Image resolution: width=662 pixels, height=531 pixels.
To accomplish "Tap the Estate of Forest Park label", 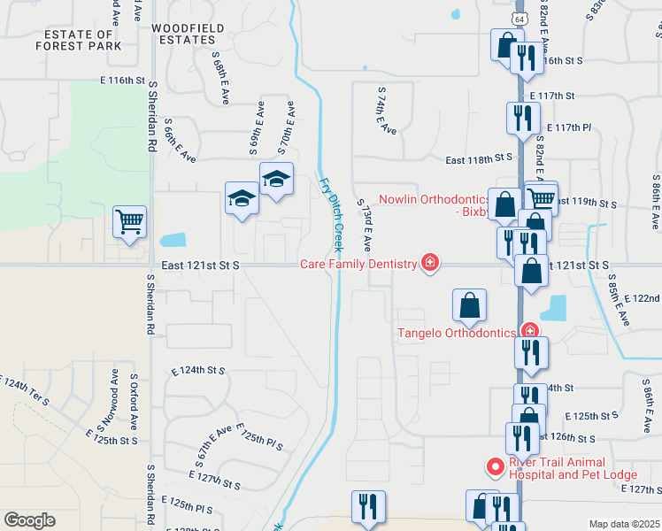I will pyautogui.click(x=77, y=40).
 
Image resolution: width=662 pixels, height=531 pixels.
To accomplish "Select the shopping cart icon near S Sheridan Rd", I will pyautogui.click(x=129, y=222).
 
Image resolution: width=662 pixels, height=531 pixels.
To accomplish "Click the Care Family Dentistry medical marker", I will pyautogui.click(x=430, y=264).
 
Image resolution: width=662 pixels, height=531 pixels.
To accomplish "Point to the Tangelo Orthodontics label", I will pyautogui.click(x=456, y=333).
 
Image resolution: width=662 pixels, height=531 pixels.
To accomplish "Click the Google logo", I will pyautogui.click(x=29, y=520).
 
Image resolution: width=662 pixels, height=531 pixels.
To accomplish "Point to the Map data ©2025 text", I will pyautogui.click(x=624, y=524).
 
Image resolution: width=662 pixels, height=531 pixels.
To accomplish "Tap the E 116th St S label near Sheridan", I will pyautogui.click(x=120, y=81).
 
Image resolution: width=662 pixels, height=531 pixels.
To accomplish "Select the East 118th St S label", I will pyautogui.click(x=479, y=158).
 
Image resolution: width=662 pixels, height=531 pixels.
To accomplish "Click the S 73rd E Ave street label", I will pyautogui.click(x=364, y=223).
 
